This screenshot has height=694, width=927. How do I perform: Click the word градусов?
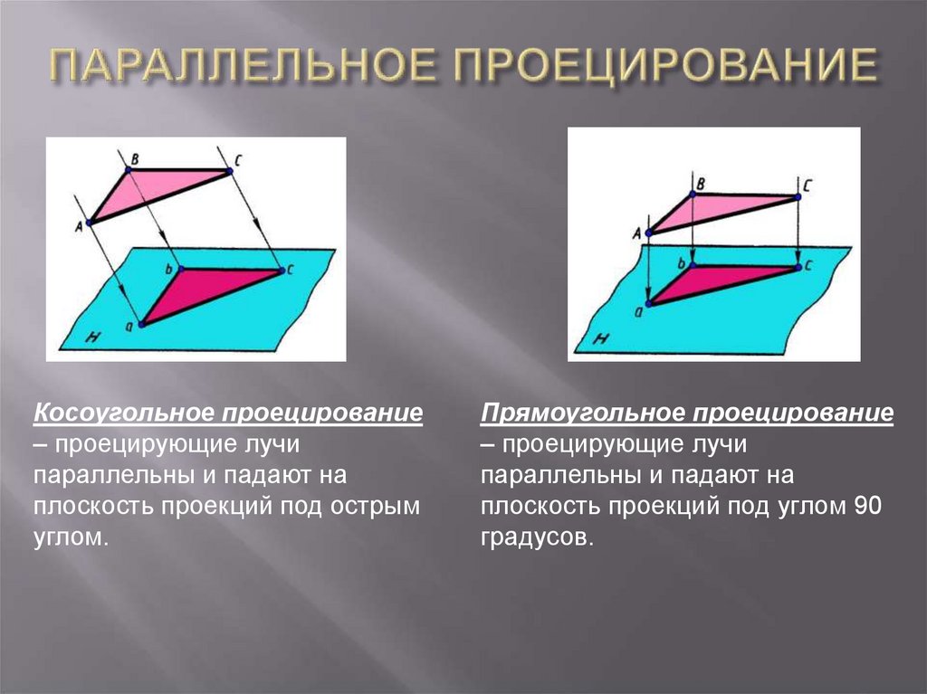tap(538, 537)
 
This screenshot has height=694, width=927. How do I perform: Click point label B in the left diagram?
tap(134, 159)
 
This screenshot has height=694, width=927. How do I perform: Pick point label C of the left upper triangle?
tap(237, 160)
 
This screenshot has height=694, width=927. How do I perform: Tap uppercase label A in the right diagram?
tap(636, 233)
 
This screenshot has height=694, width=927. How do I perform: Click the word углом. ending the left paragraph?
tap(71, 537)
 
